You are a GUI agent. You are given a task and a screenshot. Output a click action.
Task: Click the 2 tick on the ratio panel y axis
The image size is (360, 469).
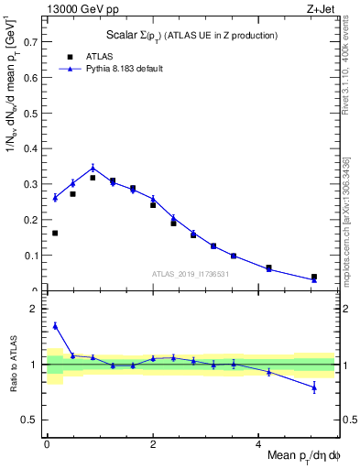click(37, 309)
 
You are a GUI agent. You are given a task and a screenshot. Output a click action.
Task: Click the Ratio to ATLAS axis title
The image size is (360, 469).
click(13, 366)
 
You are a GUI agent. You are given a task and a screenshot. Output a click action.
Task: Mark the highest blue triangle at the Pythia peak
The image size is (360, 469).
click(93, 168)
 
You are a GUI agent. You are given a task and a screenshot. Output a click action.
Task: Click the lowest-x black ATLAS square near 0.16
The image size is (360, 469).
click(55, 233)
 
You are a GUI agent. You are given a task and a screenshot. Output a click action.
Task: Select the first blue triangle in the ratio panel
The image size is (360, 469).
click(55, 325)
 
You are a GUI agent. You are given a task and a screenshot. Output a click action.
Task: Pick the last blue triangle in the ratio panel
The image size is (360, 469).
click(314, 387)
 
